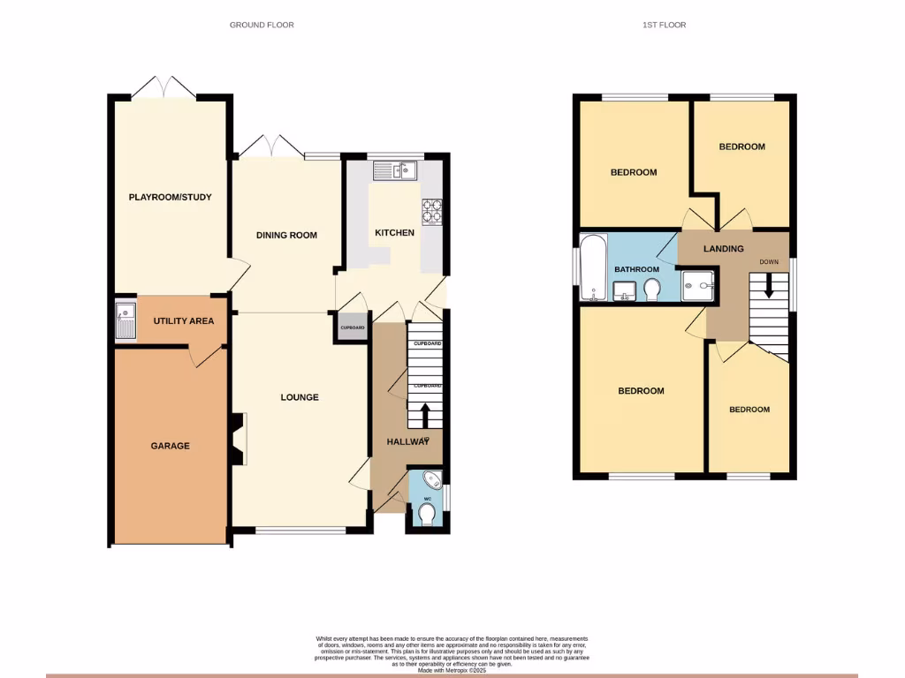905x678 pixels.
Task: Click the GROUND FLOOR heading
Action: [x=262, y=25]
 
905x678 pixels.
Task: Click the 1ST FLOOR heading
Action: [x=664, y=25]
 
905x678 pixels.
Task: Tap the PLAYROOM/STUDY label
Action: [x=171, y=197]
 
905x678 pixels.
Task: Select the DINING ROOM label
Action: [x=286, y=235]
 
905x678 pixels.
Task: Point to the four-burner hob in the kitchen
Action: [x=432, y=212]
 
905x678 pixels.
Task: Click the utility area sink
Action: [x=125, y=320]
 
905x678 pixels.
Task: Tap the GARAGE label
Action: [x=170, y=446]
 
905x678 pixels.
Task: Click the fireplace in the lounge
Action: [x=240, y=441]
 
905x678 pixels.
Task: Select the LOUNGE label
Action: [x=300, y=397]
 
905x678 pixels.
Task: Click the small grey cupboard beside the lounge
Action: [x=353, y=328]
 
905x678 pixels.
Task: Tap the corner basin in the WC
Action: [x=432, y=481]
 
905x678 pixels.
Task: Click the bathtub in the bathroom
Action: [x=593, y=267]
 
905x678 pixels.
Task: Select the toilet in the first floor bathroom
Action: [x=654, y=290]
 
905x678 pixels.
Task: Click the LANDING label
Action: [x=723, y=249]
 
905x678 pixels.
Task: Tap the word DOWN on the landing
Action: [x=769, y=262]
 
